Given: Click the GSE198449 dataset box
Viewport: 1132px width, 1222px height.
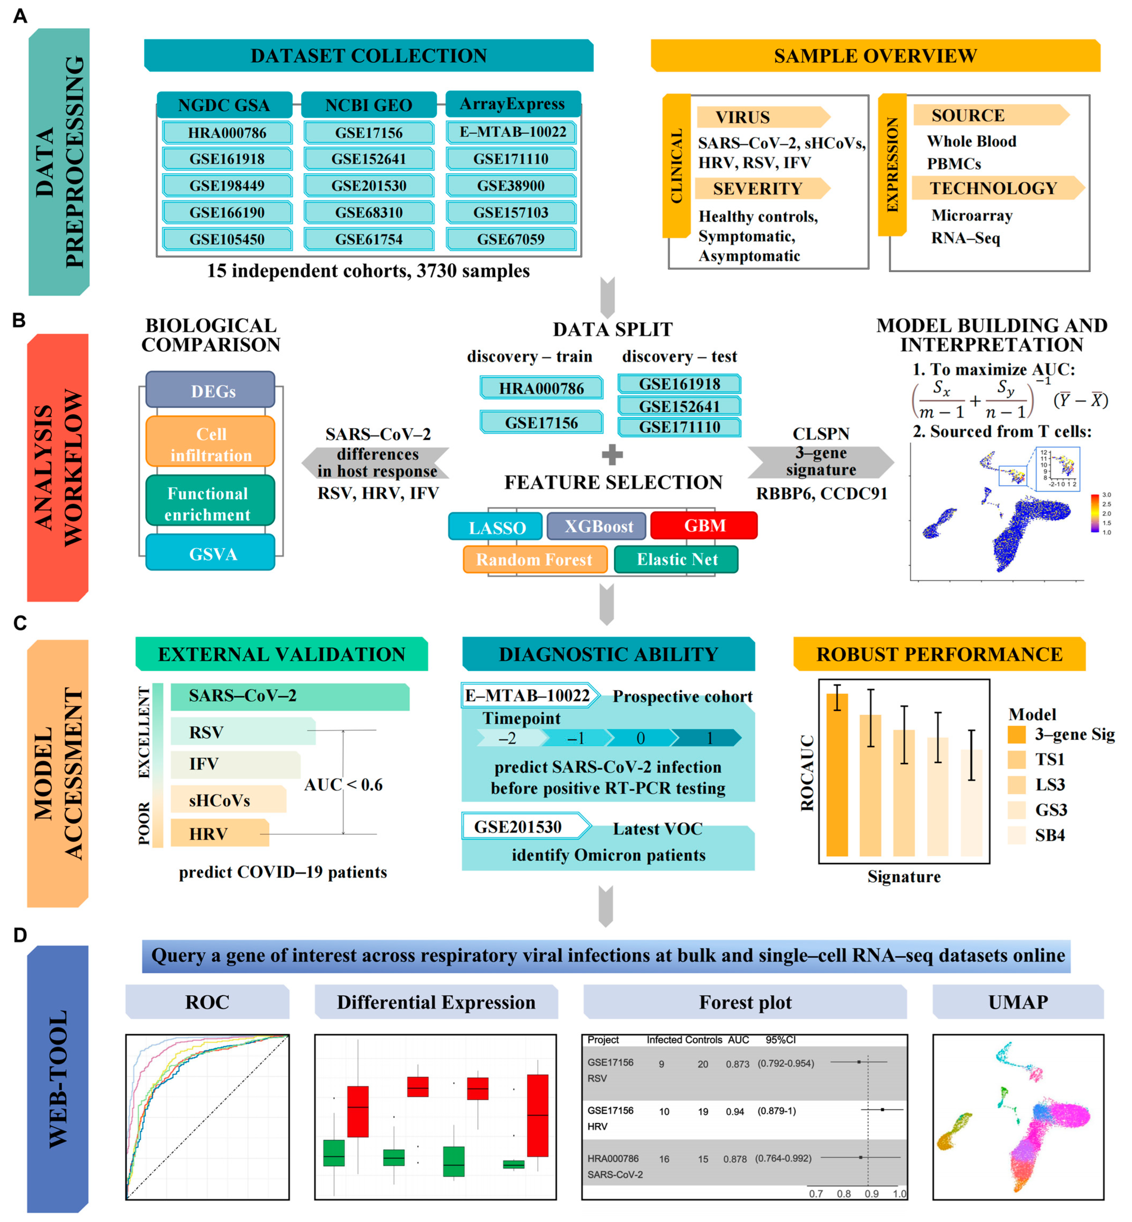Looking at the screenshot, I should coord(227,186).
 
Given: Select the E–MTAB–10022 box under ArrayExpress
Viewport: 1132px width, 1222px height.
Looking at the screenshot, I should coord(512,132).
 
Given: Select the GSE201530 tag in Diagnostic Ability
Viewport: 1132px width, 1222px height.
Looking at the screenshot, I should coord(518,827).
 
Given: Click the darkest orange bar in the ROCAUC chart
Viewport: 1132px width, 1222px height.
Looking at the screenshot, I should coord(837,775).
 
